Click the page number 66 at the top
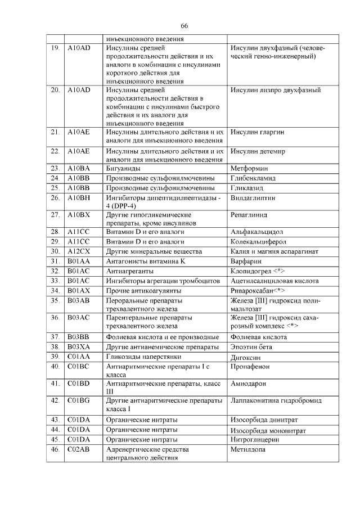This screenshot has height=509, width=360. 184,26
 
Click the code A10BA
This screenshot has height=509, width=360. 78,168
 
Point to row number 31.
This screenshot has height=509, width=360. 55,262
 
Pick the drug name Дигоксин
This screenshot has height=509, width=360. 247,356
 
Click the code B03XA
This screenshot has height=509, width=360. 79,346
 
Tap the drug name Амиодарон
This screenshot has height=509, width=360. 248,384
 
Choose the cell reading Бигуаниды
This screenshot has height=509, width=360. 124,168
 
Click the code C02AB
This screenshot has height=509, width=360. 79,449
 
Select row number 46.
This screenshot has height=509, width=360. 55,449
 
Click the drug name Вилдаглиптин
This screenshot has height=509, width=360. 253,198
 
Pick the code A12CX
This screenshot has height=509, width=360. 79,251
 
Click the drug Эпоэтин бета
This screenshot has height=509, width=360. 251,346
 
